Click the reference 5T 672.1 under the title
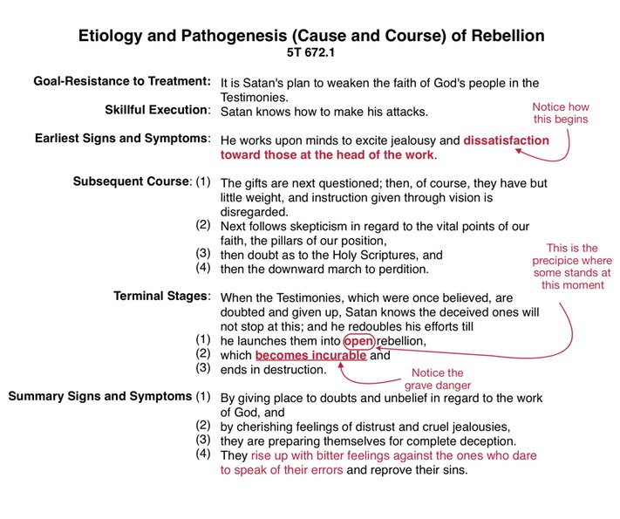point(310,52)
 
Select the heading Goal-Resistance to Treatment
point(122,81)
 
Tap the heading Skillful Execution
point(157,110)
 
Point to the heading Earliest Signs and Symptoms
point(122,138)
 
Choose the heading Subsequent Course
point(132,181)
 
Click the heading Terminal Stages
point(161,296)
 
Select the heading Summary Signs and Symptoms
point(100,396)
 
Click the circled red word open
point(358,341)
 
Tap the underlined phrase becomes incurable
point(310,355)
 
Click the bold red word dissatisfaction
point(506,140)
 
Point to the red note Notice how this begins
point(561,113)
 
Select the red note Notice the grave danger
point(438,379)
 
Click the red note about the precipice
point(572,267)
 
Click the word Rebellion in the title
point(508,36)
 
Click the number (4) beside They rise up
point(203,454)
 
